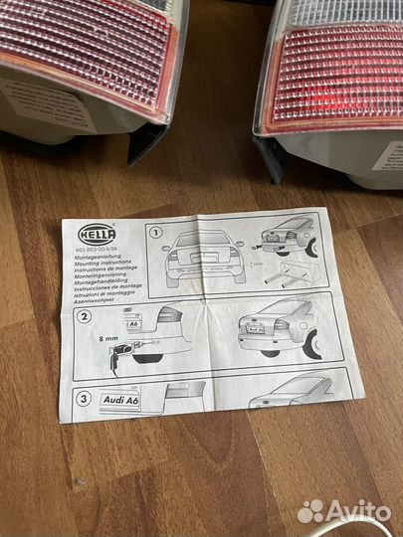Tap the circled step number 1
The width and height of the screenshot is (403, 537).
coord(155,232)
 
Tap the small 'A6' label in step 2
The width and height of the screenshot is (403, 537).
coord(132,323)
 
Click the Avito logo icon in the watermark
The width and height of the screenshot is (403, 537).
coord(311,511)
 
